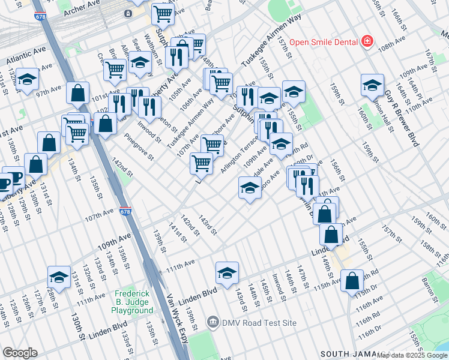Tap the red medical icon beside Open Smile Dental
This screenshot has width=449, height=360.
click(366, 42)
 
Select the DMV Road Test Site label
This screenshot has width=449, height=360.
click(259, 323)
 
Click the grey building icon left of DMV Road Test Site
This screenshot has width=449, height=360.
click(212, 323)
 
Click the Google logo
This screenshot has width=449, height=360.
click(20, 353)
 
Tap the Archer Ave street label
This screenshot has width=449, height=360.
click(83, 5)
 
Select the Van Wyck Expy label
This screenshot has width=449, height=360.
click(171, 323)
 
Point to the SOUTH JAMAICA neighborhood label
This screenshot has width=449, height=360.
click(351, 354)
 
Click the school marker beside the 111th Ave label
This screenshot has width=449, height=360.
click(227, 273)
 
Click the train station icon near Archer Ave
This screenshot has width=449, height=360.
click(128, 13)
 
